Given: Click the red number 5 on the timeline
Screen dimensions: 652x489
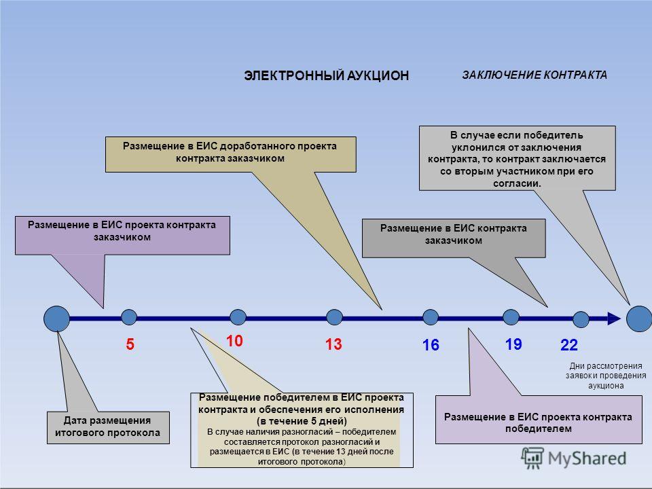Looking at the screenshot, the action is pyautogui.click(x=130, y=344).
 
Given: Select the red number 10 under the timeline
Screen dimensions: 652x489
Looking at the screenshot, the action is pyautogui.click(x=234, y=341).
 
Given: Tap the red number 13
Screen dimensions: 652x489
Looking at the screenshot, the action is pyautogui.click(x=333, y=344).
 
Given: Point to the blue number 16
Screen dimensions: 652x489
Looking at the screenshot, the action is pyautogui.click(x=431, y=345).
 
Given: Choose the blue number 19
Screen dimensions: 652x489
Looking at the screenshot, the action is pyautogui.click(x=513, y=344).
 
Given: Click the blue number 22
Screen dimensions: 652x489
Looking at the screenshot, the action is pyautogui.click(x=569, y=345).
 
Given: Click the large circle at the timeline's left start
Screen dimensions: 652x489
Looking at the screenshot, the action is pyautogui.click(x=56, y=319).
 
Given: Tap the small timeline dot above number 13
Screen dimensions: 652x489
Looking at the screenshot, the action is pyautogui.click(x=334, y=317).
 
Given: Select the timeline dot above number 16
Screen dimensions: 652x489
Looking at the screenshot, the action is pyautogui.click(x=431, y=317).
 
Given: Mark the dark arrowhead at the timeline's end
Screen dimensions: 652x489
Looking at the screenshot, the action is pyautogui.click(x=614, y=319).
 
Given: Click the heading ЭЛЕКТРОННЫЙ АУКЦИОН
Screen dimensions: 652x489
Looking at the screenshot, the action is pyautogui.click(x=327, y=75).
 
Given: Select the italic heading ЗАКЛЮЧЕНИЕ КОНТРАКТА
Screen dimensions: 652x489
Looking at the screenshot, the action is pyautogui.click(x=535, y=75).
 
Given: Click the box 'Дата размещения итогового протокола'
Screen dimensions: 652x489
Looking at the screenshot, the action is pyautogui.click(x=108, y=427).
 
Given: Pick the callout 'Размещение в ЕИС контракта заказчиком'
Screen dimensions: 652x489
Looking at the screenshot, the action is pyautogui.click(x=454, y=238).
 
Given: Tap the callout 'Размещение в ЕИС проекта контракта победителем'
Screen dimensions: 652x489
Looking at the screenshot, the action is pyautogui.click(x=539, y=420).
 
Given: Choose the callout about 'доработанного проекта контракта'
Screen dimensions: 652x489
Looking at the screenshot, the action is pyautogui.click(x=230, y=154).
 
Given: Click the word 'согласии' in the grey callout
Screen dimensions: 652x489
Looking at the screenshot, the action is pyautogui.click(x=517, y=183).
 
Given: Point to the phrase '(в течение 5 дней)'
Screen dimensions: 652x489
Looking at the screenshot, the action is pyautogui.click(x=302, y=421).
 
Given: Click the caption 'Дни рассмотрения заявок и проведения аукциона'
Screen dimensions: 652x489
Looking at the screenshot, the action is pyautogui.click(x=606, y=376).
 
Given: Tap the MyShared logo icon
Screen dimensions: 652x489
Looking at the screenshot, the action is pyautogui.click(x=532, y=458).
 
